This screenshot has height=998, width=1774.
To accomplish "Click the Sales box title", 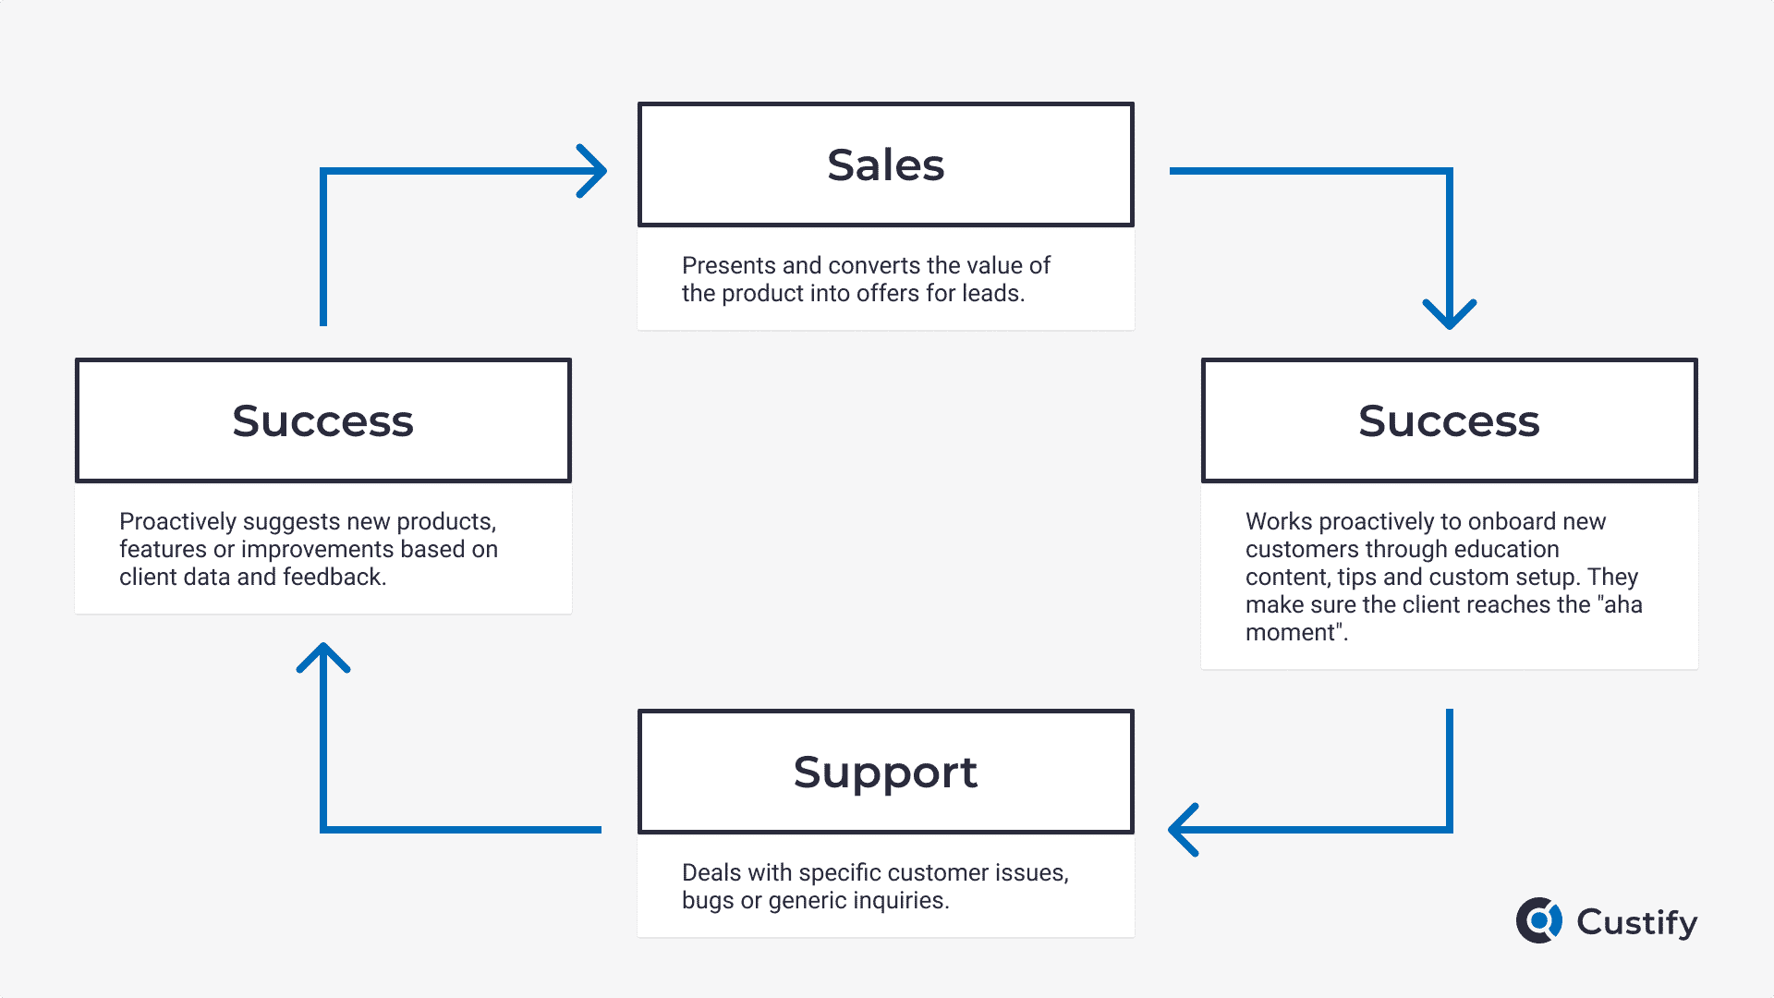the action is [885, 165].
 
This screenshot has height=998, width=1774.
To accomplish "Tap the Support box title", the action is [885, 773].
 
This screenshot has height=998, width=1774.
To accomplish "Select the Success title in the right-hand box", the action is [1449, 421].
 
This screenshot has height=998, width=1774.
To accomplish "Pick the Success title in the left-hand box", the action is [322, 421].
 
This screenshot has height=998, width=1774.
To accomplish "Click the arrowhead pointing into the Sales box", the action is [591, 171].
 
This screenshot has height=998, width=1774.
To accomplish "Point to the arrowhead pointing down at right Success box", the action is [1450, 314].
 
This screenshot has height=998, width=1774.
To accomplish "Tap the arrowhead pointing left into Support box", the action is [1184, 830].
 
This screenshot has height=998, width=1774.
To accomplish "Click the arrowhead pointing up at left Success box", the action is [323, 658].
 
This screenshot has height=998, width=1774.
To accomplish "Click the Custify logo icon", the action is [1539, 920].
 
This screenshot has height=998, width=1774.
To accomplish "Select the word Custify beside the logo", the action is [1637, 922].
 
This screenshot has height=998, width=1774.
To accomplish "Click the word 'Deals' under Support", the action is [711, 872].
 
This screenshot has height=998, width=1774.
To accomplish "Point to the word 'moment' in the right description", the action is [1291, 633].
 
